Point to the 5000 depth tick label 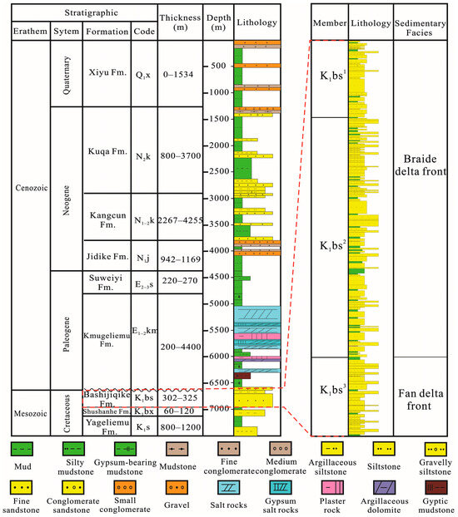tap(217, 304)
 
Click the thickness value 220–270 tap(179, 282)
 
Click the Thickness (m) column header tap(179, 22)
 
